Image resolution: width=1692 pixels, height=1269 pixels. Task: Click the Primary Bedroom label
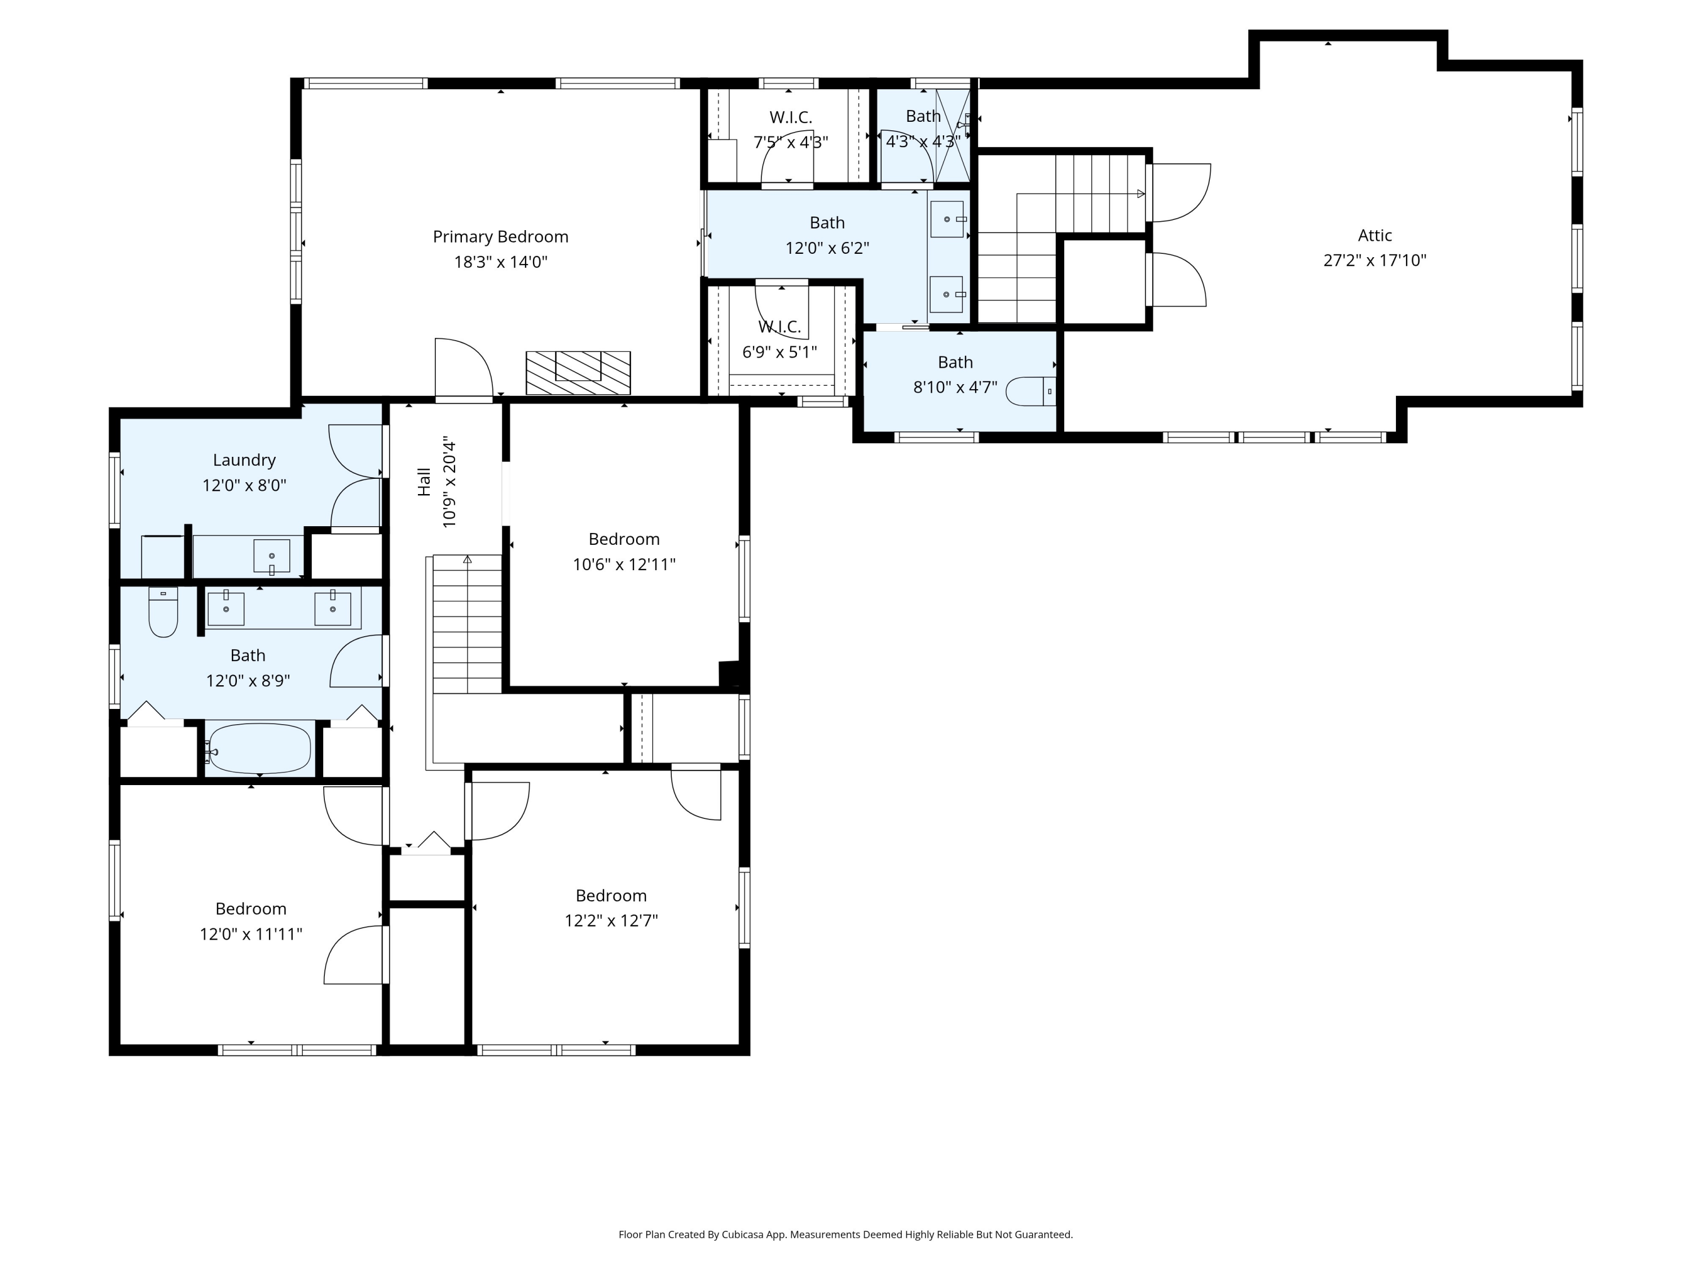pos(500,237)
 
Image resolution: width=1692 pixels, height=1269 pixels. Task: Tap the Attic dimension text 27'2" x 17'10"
pos(1374,260)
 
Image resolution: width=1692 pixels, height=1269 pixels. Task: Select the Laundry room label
pos(244,460)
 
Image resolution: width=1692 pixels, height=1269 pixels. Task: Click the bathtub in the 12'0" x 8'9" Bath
pos(259,749)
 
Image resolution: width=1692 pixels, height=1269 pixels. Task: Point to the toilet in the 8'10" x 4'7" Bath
pos(1030,391)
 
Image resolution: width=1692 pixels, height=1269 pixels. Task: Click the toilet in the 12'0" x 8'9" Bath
pos(163,612)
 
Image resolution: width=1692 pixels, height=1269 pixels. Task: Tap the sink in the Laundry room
pos(271,556)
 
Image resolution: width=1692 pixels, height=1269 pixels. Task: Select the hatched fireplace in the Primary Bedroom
pos(578,373)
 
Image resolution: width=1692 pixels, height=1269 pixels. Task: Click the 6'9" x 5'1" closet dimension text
pos(779,352)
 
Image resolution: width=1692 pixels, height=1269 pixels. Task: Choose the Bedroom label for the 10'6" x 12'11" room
pos(624,539)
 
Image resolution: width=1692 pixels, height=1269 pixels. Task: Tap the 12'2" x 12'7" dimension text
pos(611,920)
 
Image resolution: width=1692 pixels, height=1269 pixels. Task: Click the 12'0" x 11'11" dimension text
pos(251,934)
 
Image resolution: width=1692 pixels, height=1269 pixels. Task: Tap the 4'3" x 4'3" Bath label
pos(923,116)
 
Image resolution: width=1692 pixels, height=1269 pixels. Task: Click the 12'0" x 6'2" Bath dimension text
pos(827,248)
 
